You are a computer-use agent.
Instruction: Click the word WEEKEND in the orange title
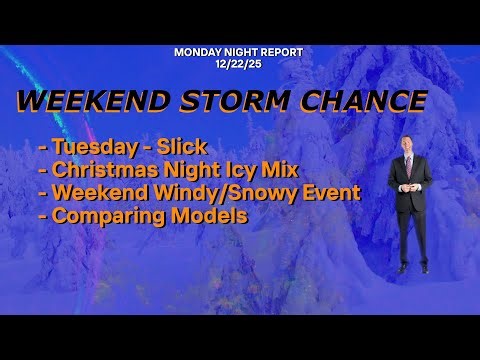point(82,103)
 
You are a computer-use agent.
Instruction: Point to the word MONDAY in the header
point(196,51)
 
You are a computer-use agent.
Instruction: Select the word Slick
point(180,148)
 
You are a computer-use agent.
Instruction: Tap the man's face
point(410,144)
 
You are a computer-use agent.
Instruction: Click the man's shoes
point(412,268)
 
